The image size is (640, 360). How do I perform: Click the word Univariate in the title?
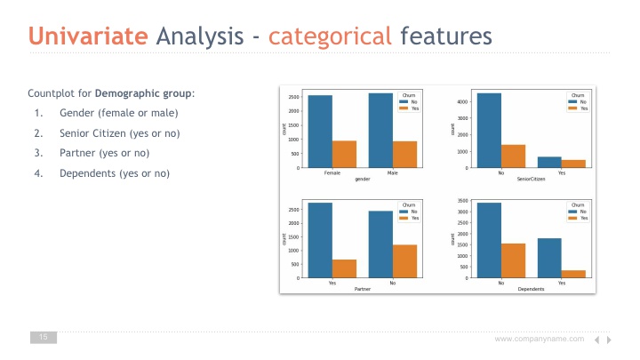88,36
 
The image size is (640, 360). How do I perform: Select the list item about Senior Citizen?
120,133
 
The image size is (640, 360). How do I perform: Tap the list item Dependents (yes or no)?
115,173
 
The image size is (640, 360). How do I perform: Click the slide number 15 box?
44,337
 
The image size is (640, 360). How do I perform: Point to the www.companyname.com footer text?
540,339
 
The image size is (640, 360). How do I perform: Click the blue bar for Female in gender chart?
320,132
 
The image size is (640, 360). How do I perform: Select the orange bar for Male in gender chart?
404,155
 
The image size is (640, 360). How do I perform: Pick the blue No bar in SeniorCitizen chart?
489,131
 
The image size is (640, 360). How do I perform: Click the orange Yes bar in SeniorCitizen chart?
573,164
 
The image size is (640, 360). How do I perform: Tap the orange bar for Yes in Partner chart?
344,268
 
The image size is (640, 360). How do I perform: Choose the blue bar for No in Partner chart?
380,244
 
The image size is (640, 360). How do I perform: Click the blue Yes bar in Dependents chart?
549,258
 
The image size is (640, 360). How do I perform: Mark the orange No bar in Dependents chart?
513,260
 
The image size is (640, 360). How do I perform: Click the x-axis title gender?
363,179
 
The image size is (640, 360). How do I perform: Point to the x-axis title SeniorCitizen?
531,179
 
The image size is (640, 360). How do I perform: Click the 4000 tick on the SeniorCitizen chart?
462,101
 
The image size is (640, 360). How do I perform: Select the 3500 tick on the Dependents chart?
462,201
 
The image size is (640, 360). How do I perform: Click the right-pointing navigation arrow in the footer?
609,340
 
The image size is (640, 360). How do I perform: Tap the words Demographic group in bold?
143,93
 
